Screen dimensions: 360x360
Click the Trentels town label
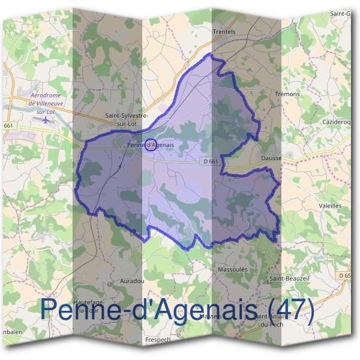point(224,32)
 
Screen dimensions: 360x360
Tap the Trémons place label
point(286,94)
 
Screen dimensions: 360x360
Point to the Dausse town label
point(271,158)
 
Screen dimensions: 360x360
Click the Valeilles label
point(331,205)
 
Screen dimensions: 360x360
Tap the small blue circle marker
point(151,145)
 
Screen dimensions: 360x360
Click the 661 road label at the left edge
point(8,125)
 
